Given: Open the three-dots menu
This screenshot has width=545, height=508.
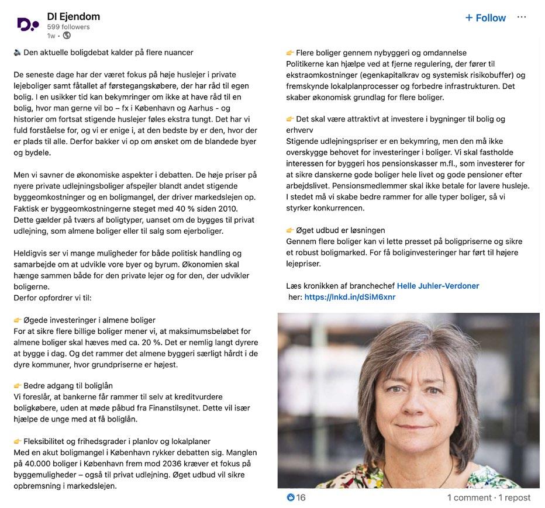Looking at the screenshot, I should [522, 17].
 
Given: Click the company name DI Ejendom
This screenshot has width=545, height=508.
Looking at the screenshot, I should [74, 16].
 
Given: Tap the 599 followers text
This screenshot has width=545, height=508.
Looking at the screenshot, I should [68, 27].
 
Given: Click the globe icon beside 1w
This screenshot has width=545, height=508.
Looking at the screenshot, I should [66, 36].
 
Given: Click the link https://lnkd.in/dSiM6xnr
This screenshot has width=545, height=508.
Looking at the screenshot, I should [350, 297].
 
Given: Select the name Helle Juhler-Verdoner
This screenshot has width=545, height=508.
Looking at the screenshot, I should [437, 286].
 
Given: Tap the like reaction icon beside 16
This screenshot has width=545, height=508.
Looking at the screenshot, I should [291, 497].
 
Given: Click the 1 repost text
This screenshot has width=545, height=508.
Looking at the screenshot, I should [515, 497].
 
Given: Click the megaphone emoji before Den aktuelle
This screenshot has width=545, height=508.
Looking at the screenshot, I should [17, 53].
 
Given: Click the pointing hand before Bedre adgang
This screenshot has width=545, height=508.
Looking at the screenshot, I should [18, 386].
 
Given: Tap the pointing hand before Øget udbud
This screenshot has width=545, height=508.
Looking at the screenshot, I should [291, 230].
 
